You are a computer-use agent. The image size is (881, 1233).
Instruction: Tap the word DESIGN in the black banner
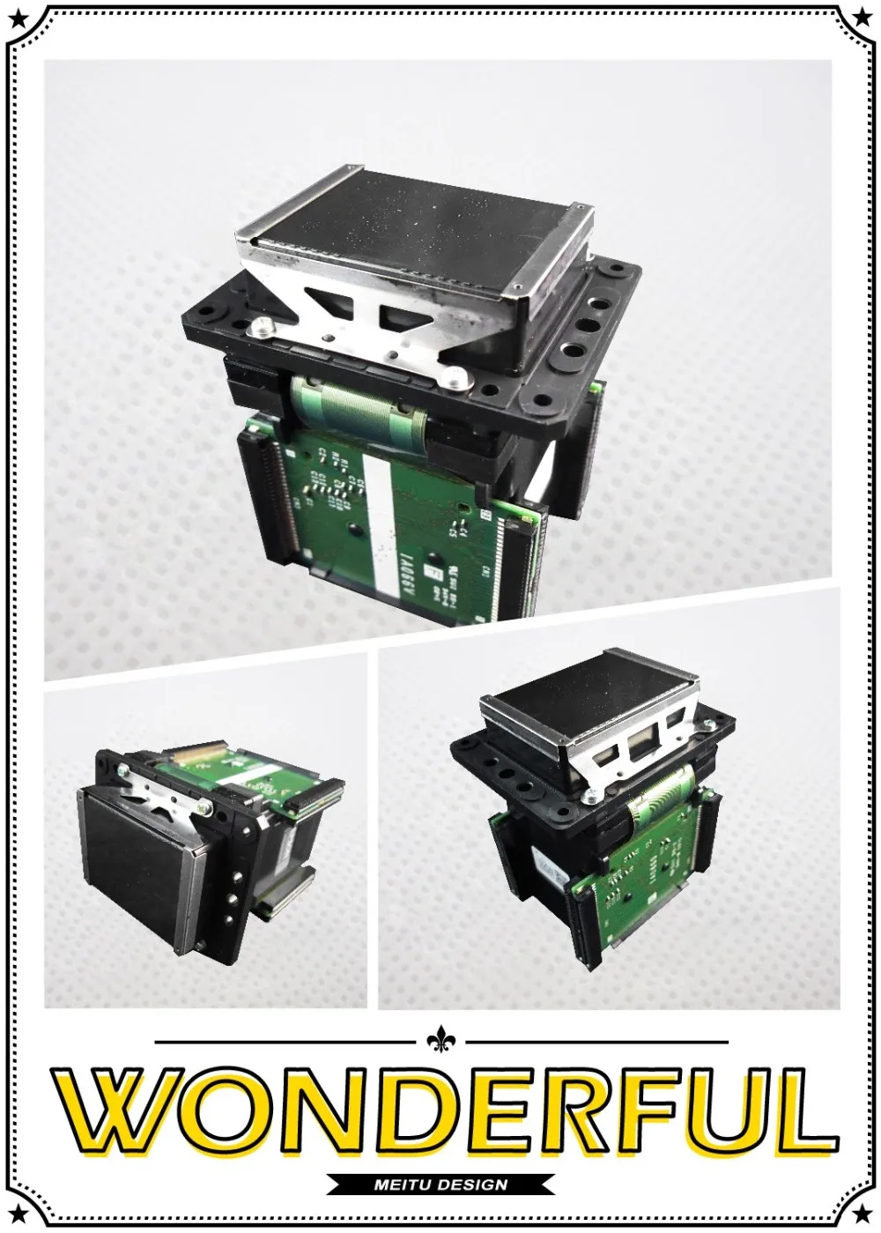472,1185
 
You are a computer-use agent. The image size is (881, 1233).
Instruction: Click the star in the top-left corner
11,11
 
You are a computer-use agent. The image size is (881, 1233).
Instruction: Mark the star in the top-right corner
869,11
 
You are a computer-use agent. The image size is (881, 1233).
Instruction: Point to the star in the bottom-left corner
11,1221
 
